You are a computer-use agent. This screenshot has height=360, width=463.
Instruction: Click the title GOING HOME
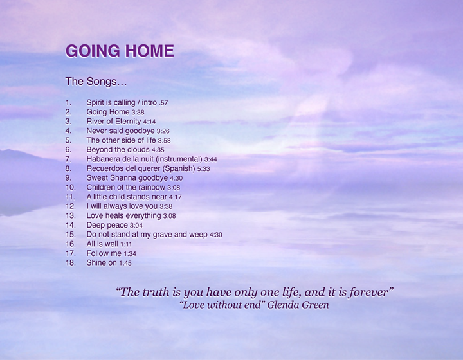click(120, 51)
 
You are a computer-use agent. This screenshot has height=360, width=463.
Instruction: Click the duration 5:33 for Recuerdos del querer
click(203, 168)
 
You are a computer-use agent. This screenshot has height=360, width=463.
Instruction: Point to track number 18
click(70, 262)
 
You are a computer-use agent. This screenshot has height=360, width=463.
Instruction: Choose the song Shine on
click(102, 262)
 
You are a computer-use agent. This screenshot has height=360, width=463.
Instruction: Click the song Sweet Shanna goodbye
click(127, 177)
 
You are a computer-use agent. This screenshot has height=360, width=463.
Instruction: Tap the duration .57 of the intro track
click(163, 103)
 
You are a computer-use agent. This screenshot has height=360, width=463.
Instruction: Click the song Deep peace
click(107, 225)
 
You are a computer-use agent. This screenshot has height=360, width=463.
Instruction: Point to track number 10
click(70, 187)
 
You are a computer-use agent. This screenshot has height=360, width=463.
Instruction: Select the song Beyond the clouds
click(118, 149)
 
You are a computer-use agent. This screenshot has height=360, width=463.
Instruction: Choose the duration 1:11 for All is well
click(126, 244)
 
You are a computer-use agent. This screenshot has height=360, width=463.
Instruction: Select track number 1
click(68, 102)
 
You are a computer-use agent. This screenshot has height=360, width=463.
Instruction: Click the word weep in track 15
click(199, 235)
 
